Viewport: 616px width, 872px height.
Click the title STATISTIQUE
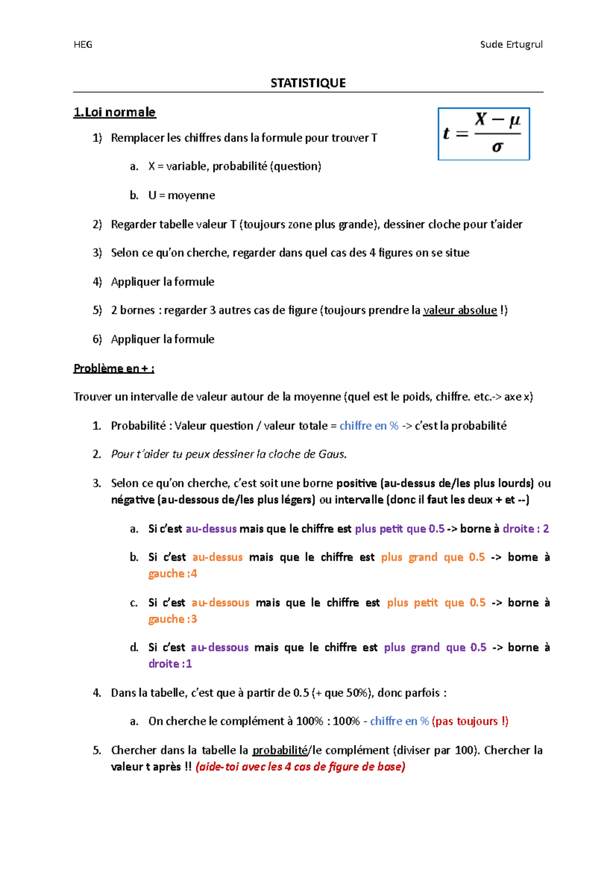click(308, 83)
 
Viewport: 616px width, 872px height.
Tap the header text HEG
click(83, 45)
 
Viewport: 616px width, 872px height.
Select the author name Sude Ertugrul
click(511, 45)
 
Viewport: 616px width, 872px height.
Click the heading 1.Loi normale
click(114, 112)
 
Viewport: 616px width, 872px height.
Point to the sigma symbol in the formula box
click(497, 147)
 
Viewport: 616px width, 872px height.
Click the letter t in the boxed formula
click(446, 134)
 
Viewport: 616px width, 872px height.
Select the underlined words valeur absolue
click(459, 310)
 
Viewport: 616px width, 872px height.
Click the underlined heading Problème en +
click(113, 368)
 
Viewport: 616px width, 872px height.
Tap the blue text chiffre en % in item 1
click(369, 426)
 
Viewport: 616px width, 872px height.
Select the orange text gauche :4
click(172, 574)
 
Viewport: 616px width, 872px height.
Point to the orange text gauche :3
click(172, 619)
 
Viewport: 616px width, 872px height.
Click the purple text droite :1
click(170, 664)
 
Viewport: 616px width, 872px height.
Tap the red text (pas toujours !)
click(470, 722)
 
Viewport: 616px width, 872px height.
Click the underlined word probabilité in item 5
click(279, 750)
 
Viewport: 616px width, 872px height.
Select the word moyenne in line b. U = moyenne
click(191, 196)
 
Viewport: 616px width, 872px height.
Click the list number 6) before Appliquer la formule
click(97, 339)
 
